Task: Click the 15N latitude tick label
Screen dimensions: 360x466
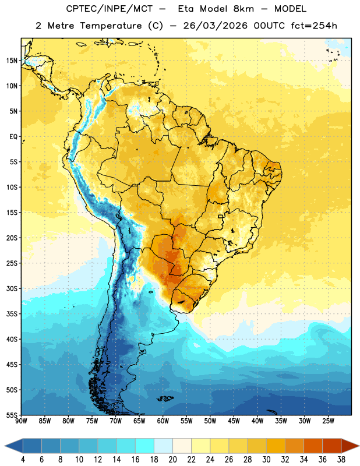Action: [12, 61]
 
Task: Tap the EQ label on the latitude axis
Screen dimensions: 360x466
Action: [13, 137]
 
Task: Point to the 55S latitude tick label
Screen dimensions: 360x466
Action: [12, 415]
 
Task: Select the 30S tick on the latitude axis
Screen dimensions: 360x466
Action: [12, 288]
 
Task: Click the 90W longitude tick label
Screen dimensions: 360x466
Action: [21, 421]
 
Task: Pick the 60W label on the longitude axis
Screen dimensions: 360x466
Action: [163, 421]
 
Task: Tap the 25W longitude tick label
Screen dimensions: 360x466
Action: [328, 421]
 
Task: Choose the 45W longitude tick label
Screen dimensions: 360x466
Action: [234, 421]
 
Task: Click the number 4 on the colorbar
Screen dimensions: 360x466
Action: [23, 460]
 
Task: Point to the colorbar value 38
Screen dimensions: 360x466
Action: [341, 460]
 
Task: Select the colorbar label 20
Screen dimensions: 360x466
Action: [172, 460]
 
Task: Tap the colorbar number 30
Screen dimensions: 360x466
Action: [266, 460]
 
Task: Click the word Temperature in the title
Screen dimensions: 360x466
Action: [111, 26]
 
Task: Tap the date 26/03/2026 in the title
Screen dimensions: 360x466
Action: [215, 26]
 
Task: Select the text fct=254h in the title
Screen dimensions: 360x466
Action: [314, 26]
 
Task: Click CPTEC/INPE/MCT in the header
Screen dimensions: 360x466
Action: [109, 9]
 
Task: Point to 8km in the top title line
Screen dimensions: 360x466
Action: [243, 9]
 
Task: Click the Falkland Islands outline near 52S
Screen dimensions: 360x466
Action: [165, 398]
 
